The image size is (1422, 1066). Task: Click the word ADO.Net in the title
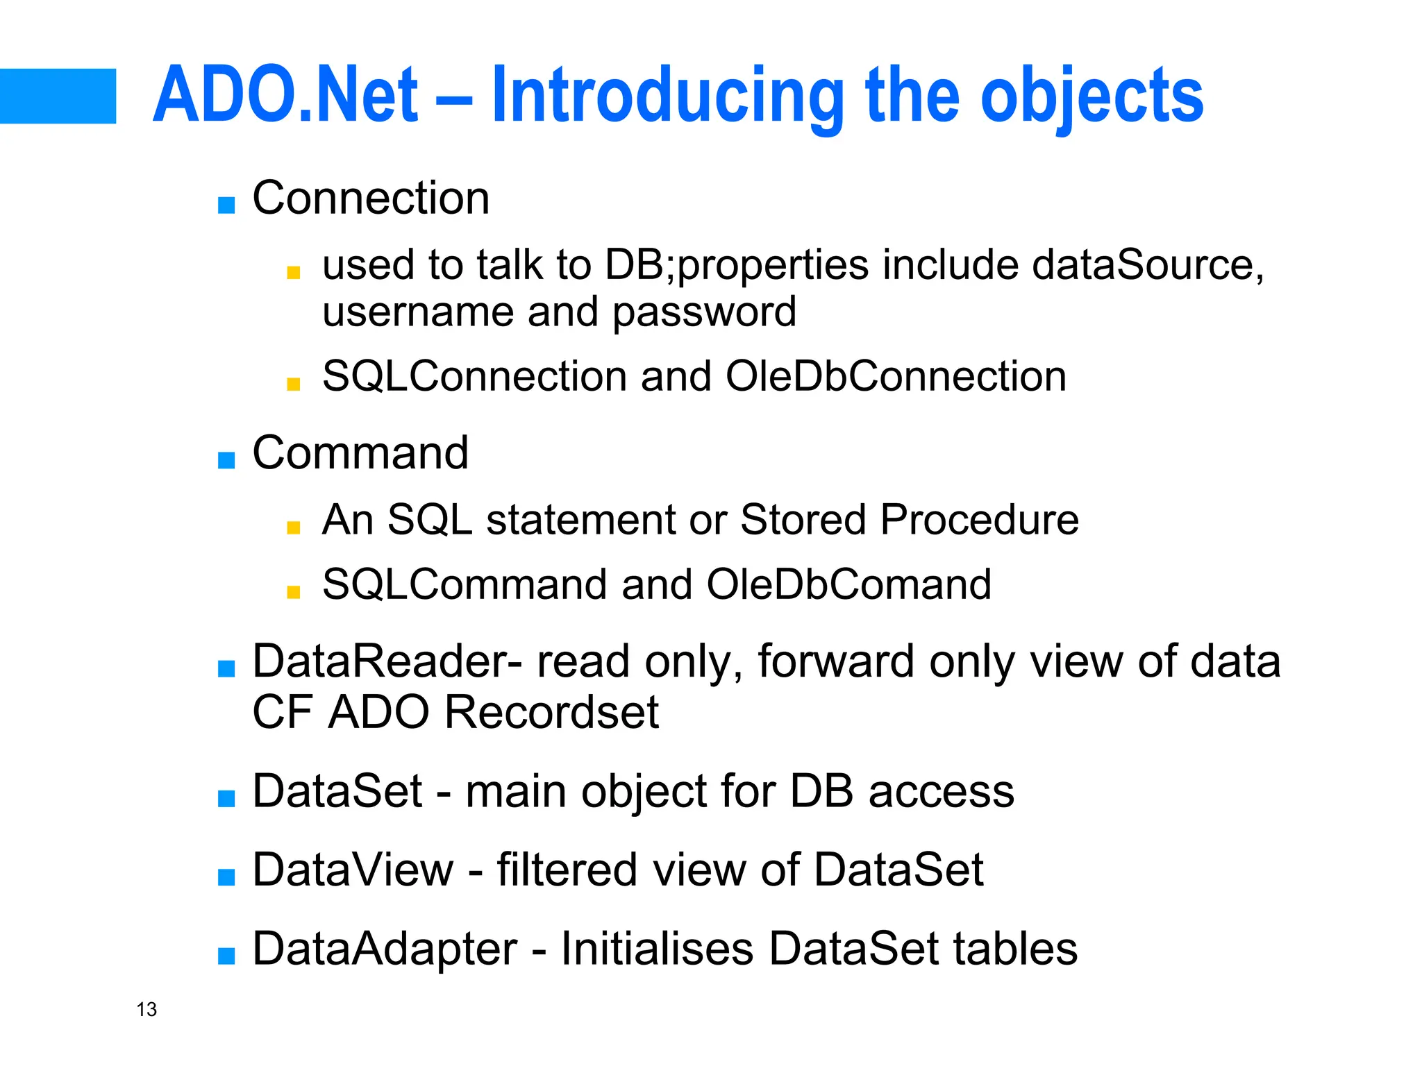click(x=285, y=95)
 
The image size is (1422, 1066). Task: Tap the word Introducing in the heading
click(x=667, y=95)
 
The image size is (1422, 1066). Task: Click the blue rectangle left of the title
click(x=58, y=96)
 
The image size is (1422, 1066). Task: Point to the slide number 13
click(x=147, y=1009)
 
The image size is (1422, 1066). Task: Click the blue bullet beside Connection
click(x=226, y=205)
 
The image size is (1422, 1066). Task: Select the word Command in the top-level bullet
click(x=360, y=452)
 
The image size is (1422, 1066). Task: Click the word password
click(x=704, y=311)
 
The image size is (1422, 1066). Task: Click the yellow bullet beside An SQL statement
click(x=293, y=527)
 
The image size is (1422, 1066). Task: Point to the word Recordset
click(x=551, y=712)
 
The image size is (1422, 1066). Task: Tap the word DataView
click(x=353, y=869)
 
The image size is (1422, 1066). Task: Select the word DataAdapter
click(x=385, y=948)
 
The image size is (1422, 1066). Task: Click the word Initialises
click(x=657, y=948)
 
